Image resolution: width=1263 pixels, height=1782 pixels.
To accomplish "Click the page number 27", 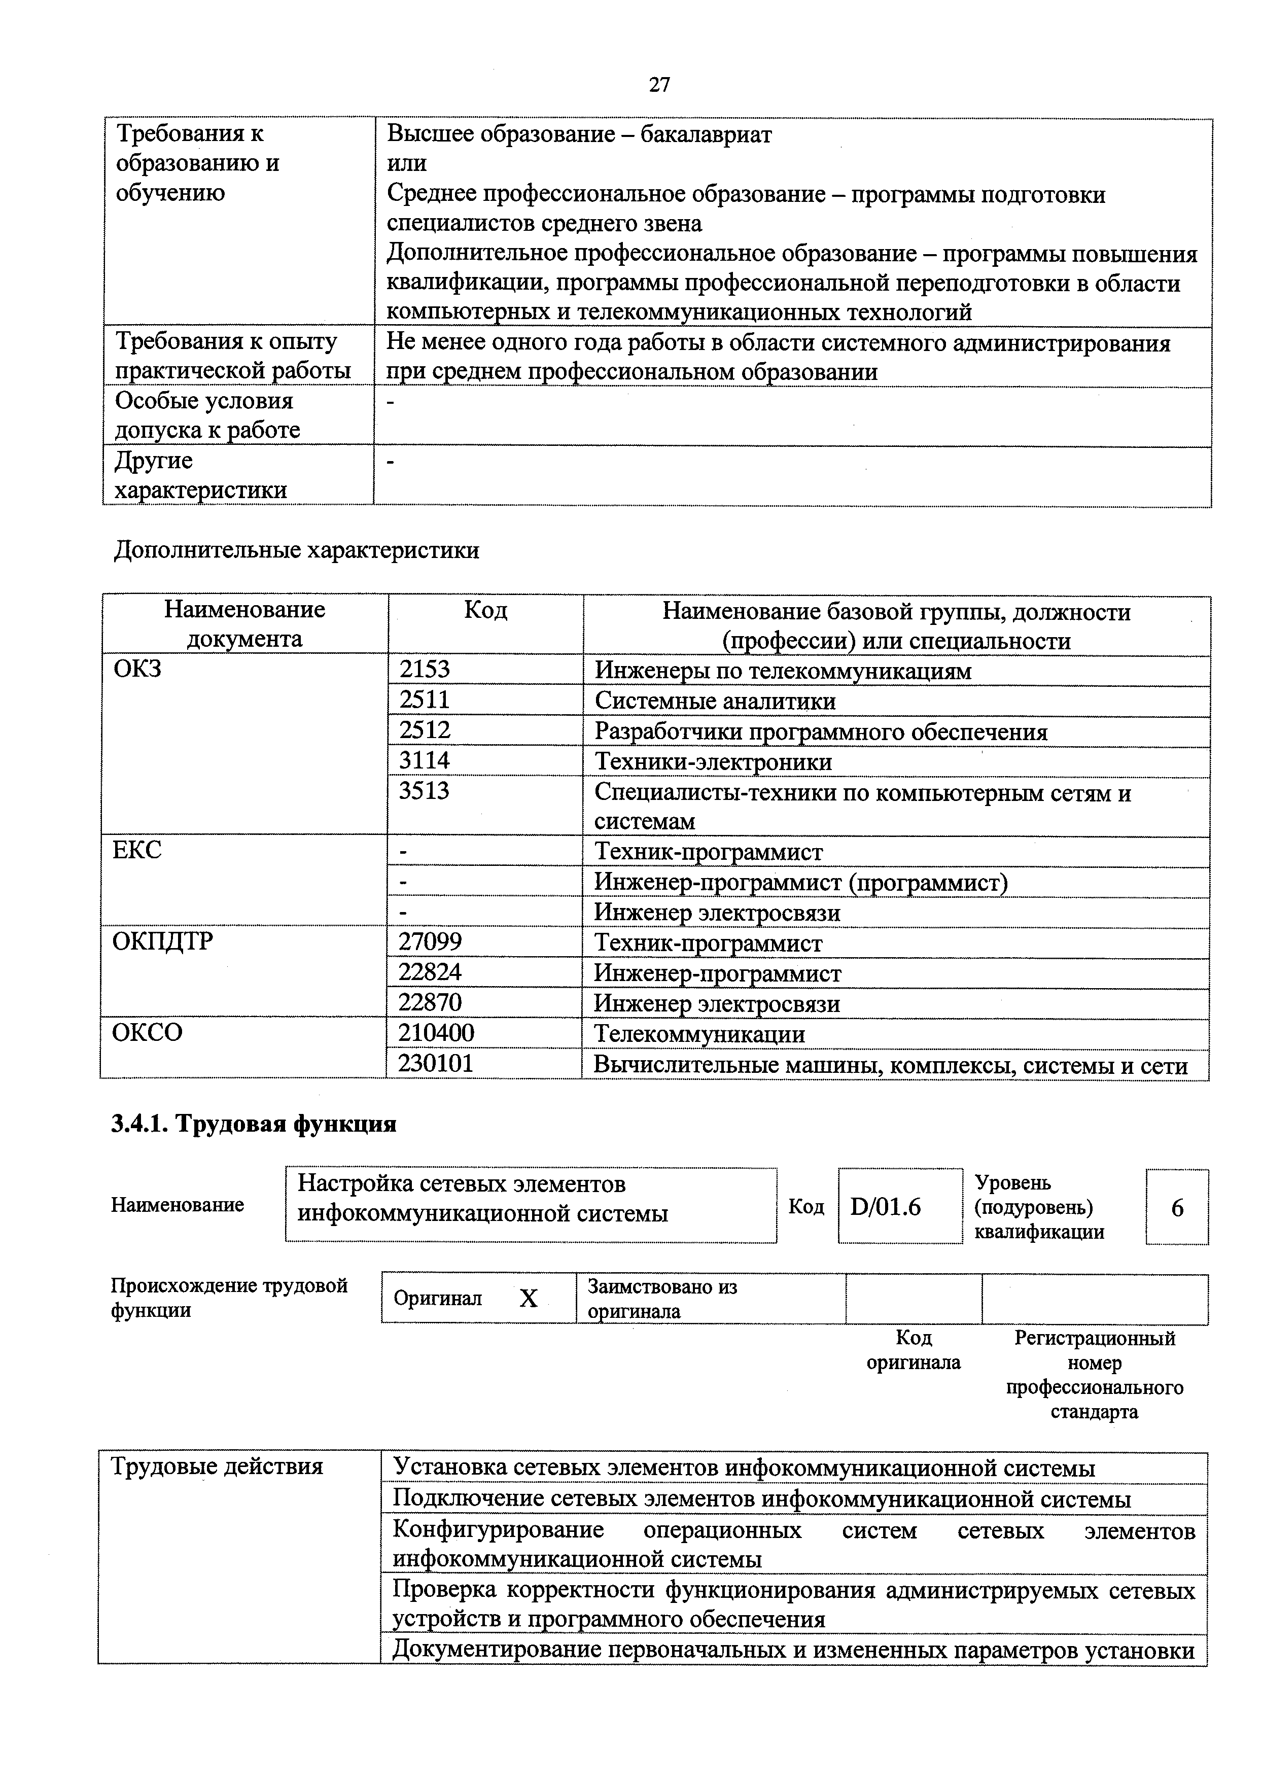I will tap(659, 85).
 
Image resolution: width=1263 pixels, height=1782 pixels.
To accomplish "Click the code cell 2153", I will tap(425, 669).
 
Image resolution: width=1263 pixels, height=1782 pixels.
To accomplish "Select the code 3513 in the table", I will tap(424, 790).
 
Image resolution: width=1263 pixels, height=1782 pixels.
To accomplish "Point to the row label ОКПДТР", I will tap(162, 942).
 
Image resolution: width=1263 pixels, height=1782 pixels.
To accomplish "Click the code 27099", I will tap(430, 942).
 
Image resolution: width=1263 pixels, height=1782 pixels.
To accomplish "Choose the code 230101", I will tap(436, 1063).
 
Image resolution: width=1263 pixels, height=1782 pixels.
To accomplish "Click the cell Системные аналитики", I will tap(715, 701).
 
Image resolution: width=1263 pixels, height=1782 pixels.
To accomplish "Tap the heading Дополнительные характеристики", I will tap(296, 551).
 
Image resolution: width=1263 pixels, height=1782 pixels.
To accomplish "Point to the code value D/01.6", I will tap(886, 1206).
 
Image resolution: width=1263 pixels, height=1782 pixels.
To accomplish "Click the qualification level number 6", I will tap(1177, 1208).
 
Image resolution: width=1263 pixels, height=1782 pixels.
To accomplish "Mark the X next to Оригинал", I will tap(528, 1298).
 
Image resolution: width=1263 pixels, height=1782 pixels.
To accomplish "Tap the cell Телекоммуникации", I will tap(699, 1034).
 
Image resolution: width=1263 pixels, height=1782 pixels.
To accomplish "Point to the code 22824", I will tap(430, 972).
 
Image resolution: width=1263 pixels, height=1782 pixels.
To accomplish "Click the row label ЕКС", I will tap(137, 850).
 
